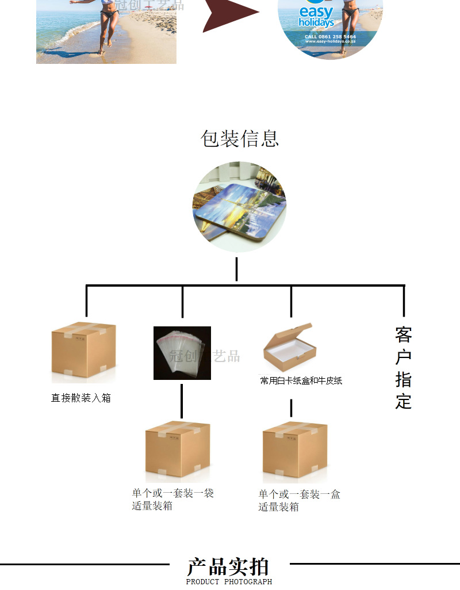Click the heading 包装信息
[239, 138]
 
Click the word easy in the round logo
[316, 12]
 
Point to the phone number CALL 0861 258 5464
[330, 36]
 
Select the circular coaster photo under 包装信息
[239, 207]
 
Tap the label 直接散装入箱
[80, 398]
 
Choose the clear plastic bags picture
[182, 353]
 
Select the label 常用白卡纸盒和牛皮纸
[301, 380]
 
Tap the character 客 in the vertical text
[404, 334]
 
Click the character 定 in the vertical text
[404, 401]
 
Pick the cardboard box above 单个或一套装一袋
[177, 451]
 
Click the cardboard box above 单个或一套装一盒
[295, 451]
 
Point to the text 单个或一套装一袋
[173, 493]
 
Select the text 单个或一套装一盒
[299, 494]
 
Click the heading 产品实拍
[228, 566]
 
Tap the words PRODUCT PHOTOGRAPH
[229, 582]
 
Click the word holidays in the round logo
[316, 23]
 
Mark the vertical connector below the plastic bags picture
[182, 401]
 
